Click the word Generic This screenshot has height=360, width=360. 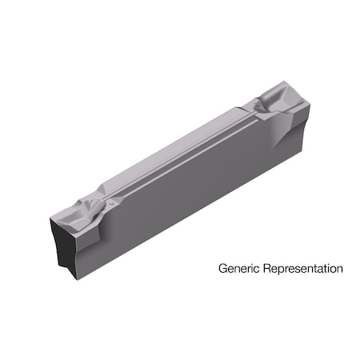point(237,269)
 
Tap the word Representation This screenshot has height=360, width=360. point(301,269)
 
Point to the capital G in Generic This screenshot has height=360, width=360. point(222,269)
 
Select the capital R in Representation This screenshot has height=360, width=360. point(262,269)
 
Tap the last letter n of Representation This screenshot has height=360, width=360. point(339,270)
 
